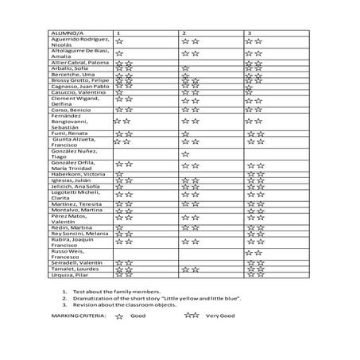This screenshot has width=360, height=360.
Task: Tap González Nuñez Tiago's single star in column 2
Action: pyautogui.click(x=185, y=153)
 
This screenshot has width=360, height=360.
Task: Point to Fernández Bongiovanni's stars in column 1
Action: pyautogui.click(x=122, y=121)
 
